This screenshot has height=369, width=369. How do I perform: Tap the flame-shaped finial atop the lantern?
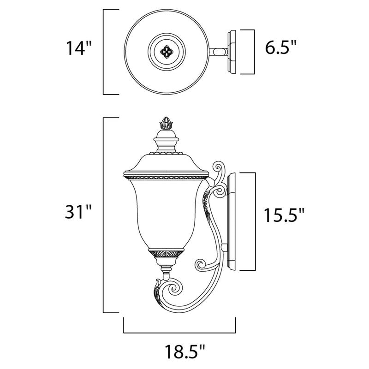pos(165,123)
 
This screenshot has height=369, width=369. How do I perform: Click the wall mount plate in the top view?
pos(231,52)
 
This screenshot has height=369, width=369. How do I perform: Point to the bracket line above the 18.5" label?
pos(180,331)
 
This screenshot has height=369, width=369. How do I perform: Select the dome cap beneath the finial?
pos(165,138)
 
